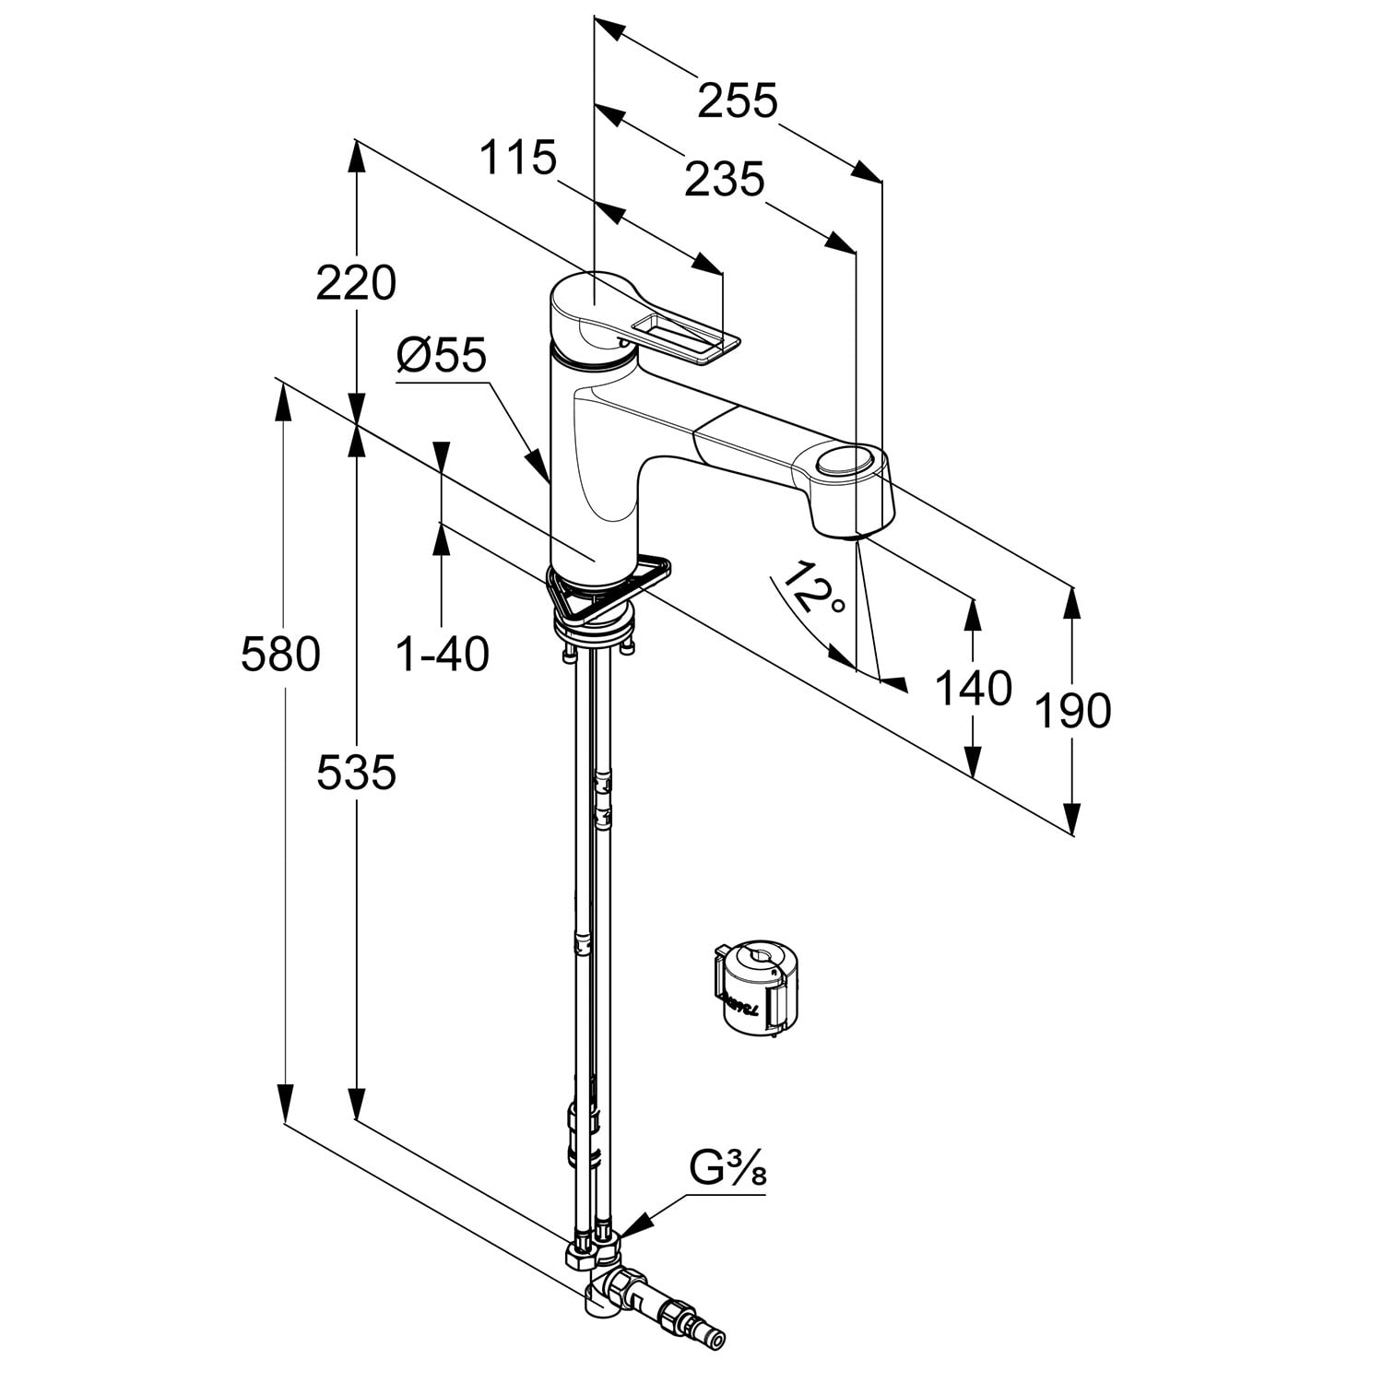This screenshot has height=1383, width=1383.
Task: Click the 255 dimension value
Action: pyautogui.click(x=738, y=100)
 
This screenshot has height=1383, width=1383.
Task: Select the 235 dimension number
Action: pyautogui.click(x=725, y=180)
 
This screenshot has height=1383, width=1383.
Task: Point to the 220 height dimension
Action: pyautogui.click(x=356, y=282)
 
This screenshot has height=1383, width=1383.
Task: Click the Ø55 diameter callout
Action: pyautogui.click(x=441, y=354)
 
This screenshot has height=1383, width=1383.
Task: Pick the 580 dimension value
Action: pyautogui.click(x=280, y=654)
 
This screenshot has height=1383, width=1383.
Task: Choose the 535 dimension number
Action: pyautogui.click(x=356, y=772)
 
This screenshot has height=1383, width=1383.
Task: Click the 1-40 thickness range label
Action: pyautogui.click(x=442, y=654)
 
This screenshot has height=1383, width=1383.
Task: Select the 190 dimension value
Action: pyautogui.click(x=1072, y=710)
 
